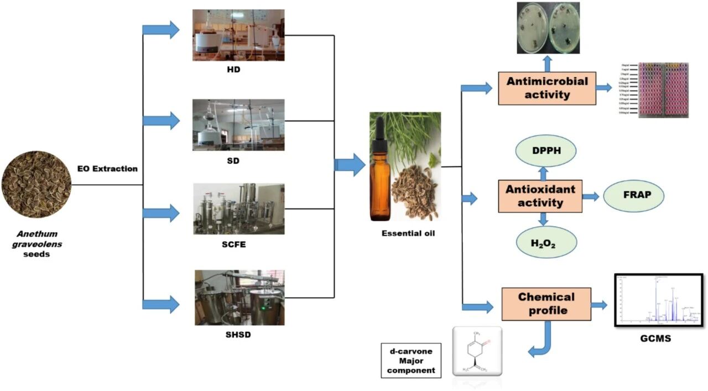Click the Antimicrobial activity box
[546, 88]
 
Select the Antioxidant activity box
[540, 196]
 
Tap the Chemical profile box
[545, 304]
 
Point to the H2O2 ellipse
[544, 242]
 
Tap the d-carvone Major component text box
[411, 360]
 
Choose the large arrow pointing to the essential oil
[350, 165]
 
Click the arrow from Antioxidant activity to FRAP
[591, 196]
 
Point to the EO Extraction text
[108, 168]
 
